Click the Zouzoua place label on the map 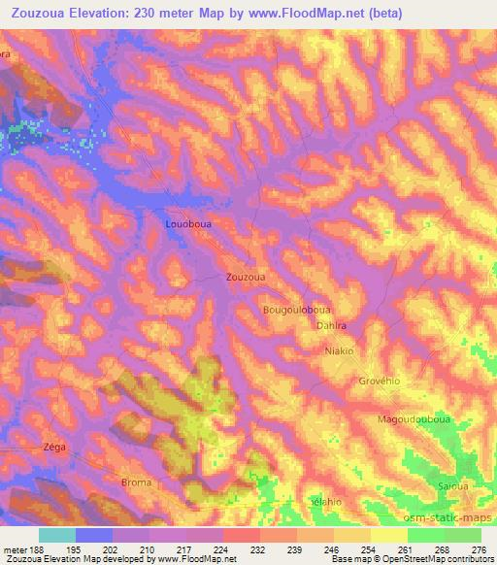coord(246,276)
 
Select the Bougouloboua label coord(296,310)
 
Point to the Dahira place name coord(332,326)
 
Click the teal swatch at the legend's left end coord(57,536)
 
